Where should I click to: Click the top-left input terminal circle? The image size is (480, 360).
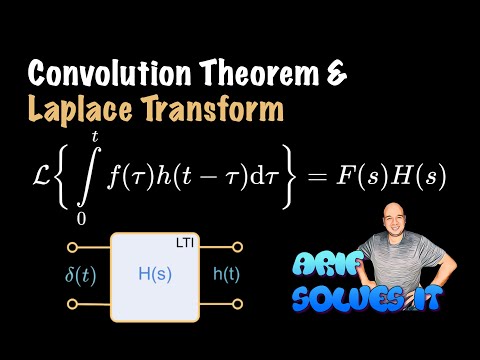(74, 247)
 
